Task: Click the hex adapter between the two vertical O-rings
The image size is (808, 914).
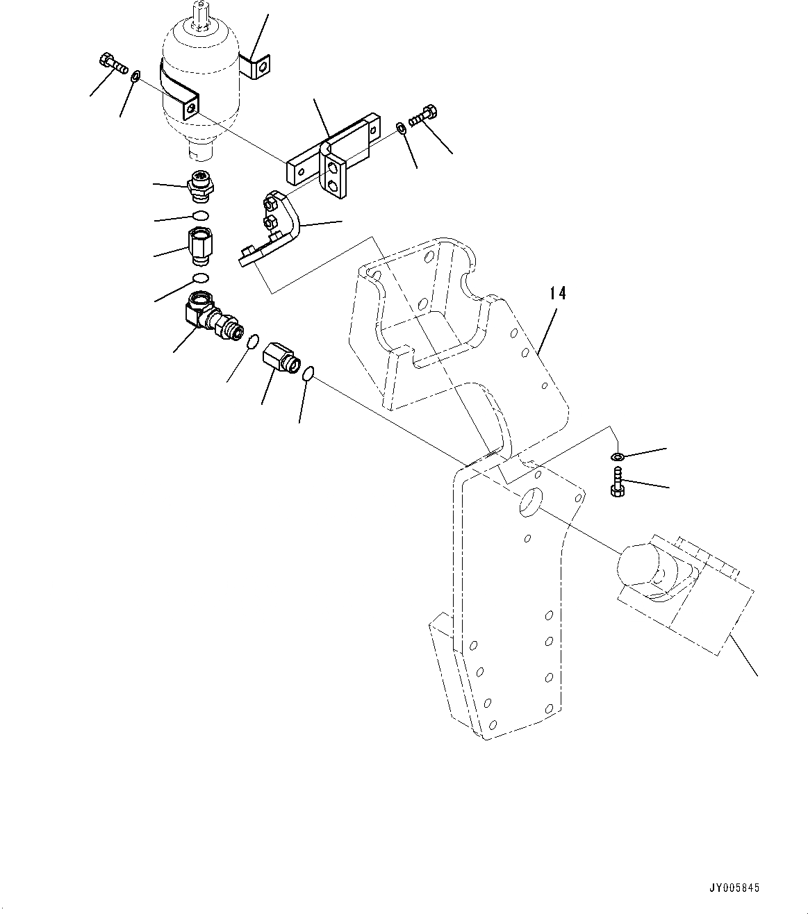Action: point(200,245)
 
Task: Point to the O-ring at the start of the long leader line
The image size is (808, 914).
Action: point(308,374)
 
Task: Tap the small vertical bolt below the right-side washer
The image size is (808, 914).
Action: point(616,481)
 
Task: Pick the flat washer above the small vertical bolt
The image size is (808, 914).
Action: point(616,457)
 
